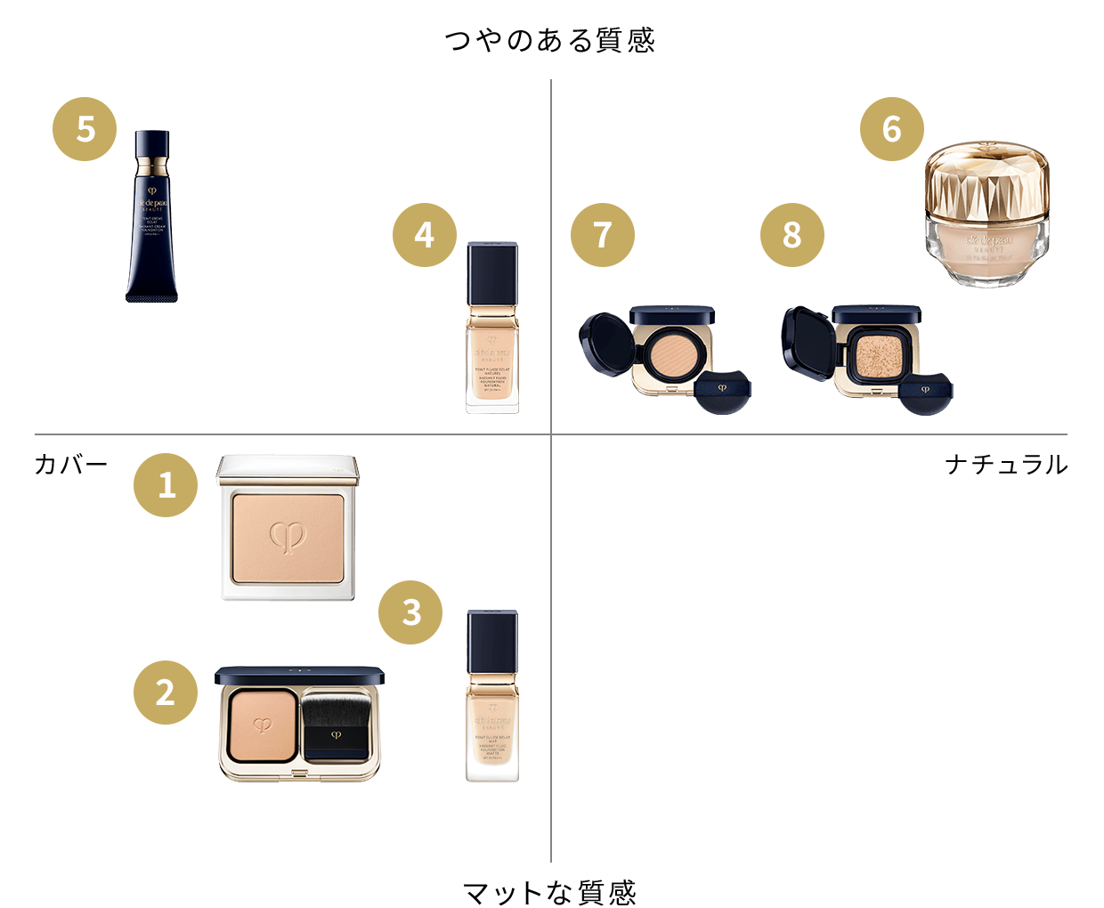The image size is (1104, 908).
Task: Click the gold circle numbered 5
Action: point(85,129)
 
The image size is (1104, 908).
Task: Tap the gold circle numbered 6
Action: point(891,129)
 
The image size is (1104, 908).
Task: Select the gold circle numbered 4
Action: point(425,235)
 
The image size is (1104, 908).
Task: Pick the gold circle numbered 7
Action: point(603,235)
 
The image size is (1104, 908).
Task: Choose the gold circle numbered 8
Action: point(791,235)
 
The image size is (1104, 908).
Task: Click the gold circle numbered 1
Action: point(166,485)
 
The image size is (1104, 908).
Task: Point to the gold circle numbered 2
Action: point(166,693)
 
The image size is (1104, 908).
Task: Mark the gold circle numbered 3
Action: point(410,612)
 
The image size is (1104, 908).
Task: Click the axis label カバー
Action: point(71,464)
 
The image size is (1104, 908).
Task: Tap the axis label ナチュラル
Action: point(1006,464)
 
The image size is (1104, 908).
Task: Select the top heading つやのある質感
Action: point(550,40)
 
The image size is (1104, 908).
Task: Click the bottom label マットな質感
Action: point(550,892)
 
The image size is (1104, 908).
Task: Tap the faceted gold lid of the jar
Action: point(986,178)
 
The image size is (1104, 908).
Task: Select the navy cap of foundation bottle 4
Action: point(492,272)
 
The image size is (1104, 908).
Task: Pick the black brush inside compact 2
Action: point(335,717)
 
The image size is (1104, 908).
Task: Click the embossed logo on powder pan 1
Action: point(288,536)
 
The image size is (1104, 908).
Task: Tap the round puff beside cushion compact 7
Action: point(722,393)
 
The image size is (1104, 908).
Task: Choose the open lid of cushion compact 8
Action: point(807,343)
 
